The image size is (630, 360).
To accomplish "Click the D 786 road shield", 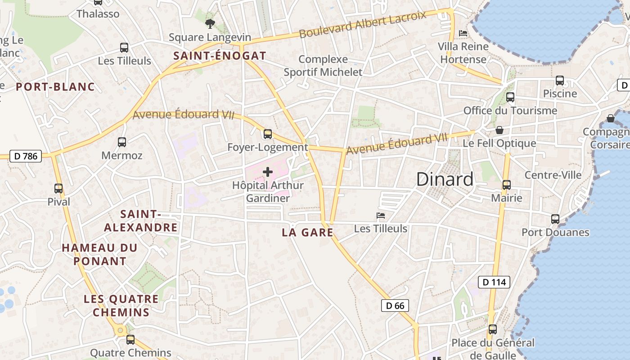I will coord(25,156).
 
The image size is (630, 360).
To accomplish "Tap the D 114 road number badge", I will coord(494,282).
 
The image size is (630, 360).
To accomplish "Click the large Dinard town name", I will coord(445,179).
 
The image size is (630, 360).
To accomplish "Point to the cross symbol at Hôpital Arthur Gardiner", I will coord(268,172).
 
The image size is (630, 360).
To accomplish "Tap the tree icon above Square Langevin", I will coord(210,23).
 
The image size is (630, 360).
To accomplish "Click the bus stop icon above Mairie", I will coord(507,184).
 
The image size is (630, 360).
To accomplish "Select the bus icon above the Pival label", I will coord(58,188).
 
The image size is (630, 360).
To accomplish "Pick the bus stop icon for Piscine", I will coord(560,80).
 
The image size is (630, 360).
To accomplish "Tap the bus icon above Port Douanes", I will coord(555,219).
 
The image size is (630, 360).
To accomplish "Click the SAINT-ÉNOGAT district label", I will coord(220,56).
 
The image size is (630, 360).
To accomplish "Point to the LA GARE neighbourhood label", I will coord(307,233).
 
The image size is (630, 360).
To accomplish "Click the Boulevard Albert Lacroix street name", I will coord(362,25).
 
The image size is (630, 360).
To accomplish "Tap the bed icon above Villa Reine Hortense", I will coord(463,33).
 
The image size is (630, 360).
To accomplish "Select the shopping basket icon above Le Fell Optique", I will coord(499,130).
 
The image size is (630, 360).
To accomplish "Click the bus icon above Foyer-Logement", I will coord(268,134).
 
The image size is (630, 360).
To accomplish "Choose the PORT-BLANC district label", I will coord(55,87).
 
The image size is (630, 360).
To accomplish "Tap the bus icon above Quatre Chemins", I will coord(130,339).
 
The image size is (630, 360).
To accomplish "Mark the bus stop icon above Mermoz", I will coord(121,142).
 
